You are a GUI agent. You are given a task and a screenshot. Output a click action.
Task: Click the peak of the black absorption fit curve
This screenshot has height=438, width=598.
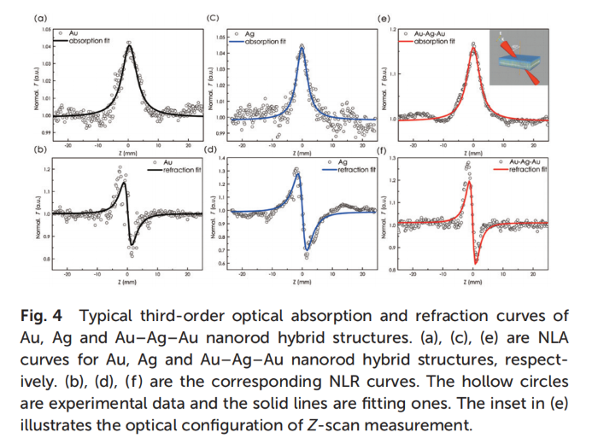[x=128, y=46]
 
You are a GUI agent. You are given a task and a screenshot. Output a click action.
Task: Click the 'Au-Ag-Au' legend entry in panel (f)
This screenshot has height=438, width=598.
[x=523, y=161]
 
